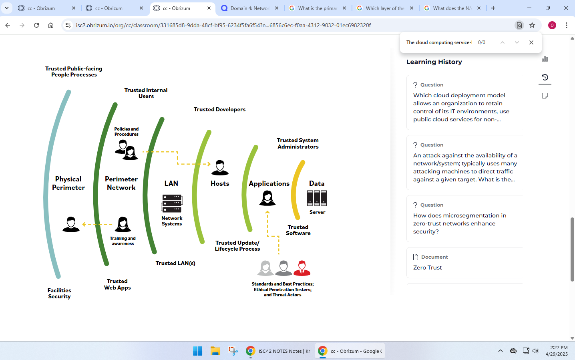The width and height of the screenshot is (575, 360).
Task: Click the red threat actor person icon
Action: click(302, 268)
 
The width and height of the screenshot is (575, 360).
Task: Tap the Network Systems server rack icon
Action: click(172, 203)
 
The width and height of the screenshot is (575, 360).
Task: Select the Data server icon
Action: click(317, 198)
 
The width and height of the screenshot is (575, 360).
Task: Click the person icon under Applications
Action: click(267, 198)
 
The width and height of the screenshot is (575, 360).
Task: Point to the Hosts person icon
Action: click(220, 168)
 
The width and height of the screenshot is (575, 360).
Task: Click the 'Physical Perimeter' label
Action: click(68, 183)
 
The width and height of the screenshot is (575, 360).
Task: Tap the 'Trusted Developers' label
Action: click(219, 110)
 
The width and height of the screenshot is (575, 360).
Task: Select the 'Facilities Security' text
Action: click(59, 294)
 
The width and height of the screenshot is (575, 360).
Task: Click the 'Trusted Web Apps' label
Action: click(117, 284)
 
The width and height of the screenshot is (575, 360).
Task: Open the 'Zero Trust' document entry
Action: click(428, 267)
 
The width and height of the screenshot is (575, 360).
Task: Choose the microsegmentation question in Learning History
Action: click(460, 223)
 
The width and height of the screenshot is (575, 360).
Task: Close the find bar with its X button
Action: click(531, 42)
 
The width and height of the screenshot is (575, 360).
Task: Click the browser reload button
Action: click(36, 25)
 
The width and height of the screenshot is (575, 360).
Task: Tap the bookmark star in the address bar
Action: click(532, 25)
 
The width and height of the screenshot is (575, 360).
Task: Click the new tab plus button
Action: click(493, 8)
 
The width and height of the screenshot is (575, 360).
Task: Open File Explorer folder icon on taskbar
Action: click(215, 351)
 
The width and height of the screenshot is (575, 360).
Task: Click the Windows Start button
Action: click(198, 351)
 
